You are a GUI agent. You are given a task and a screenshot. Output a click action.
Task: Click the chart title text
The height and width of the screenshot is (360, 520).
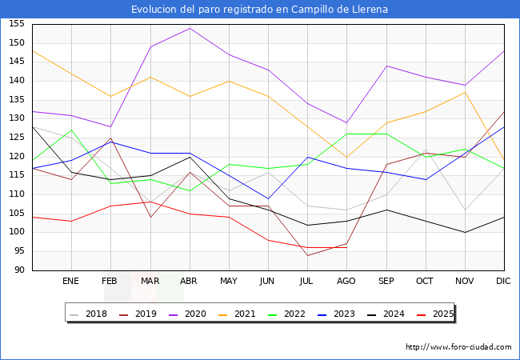point(260,10)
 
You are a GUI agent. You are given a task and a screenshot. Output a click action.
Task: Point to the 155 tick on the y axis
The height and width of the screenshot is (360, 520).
point(17,24)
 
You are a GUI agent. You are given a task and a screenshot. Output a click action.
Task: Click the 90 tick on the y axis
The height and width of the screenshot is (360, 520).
point(19,270)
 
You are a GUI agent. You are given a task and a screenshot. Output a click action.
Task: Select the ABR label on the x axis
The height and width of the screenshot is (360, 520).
point(189,281)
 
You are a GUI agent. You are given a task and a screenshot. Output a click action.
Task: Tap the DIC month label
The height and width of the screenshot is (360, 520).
point(504,281)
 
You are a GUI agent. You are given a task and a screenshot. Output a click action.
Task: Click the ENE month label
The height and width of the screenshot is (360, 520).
point(71,281)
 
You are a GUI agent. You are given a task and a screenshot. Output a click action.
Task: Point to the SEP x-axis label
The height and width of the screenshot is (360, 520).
point(386,281)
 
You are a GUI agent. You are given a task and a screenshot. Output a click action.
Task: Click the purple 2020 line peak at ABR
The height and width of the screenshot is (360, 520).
point(190,28)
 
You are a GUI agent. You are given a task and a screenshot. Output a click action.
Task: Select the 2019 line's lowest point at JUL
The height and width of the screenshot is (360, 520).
point(307,255)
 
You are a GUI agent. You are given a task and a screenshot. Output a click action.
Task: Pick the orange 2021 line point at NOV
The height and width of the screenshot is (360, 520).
point(465,92)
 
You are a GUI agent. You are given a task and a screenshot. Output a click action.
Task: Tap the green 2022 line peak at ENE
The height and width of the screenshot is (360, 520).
point(71,130)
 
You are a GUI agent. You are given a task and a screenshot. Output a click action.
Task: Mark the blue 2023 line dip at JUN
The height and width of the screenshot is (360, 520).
point(268,198)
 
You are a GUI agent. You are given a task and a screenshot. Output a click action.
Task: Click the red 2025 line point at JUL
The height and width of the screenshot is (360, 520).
point(307,247)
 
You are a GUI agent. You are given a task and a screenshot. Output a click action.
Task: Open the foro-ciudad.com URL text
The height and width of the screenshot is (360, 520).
point(458,347)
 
